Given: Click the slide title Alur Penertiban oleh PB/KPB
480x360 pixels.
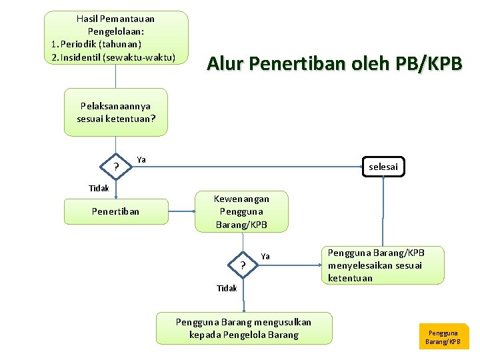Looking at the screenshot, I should [334, 63].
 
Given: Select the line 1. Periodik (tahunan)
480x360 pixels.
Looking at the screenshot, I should [96, 44].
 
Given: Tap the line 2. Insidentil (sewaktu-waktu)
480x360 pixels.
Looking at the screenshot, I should [113, 57].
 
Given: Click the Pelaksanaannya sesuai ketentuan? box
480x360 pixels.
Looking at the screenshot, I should [115, 112].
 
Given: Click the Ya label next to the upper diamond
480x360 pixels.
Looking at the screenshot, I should [141, 159].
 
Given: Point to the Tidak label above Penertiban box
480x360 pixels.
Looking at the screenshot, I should [99, 188].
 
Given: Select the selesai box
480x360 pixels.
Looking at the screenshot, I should [383, 167].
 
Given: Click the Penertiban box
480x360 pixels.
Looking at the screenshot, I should [115, 211].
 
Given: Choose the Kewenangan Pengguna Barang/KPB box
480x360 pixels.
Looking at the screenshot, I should [241, 211].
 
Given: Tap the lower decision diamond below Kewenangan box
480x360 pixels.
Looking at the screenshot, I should [243, 266].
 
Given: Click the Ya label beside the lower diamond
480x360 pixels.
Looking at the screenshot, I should [265, 256].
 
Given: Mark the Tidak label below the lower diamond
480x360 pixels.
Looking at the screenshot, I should [227, 288].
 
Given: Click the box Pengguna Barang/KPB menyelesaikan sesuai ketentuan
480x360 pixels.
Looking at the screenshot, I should [385, 265].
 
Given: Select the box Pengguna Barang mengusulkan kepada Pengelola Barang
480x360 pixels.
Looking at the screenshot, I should [243, 328].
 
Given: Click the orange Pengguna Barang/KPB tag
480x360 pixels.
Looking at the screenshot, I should [443, 337].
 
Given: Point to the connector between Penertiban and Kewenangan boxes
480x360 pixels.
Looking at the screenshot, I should [181, 211].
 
